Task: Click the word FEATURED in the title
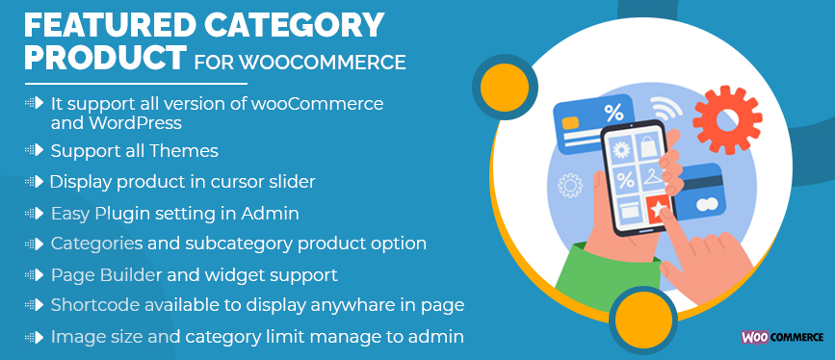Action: click(x=99, y=25)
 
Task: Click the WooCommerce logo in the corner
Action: click(x=781, y=337)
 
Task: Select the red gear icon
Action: click(x=727, y=120)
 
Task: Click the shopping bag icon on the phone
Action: click(x=649, y=146)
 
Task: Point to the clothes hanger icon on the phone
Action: click(x=653, y=177)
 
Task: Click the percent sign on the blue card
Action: click(x=613, y=113)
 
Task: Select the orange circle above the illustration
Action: click(x=505, y=88)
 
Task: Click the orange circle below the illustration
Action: click(x=642, y=319)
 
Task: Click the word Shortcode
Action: click(x=95, y=305)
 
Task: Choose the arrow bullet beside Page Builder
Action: click(x=35, y=275)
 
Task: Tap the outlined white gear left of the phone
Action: click(x=570, y=186)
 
